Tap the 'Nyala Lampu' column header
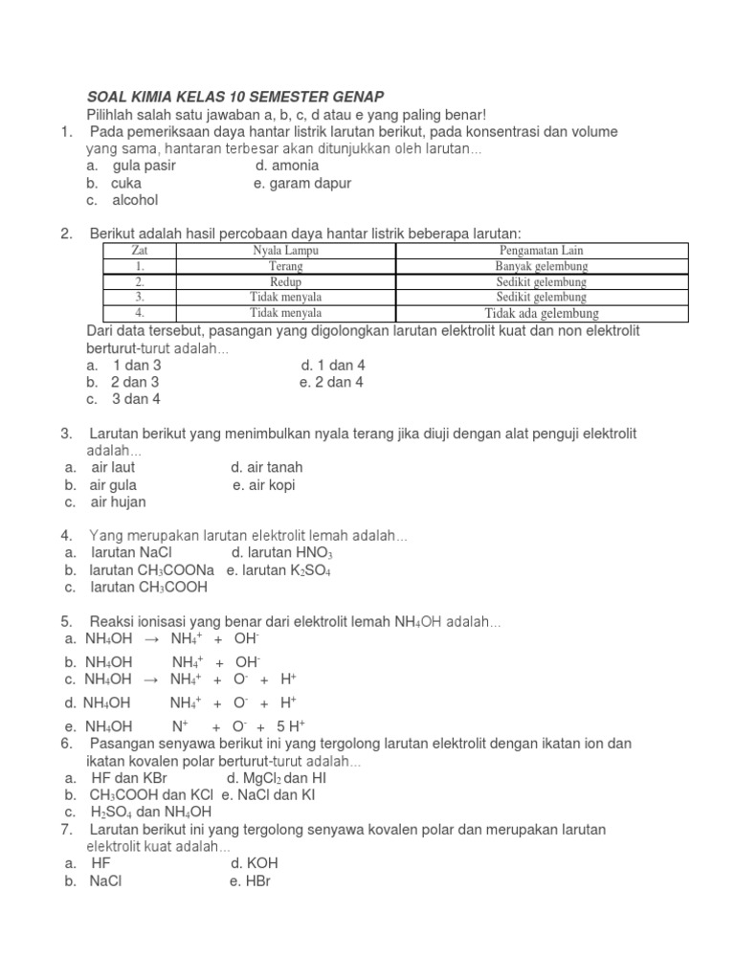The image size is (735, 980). point(285,251)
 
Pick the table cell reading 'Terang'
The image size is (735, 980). point(285,266)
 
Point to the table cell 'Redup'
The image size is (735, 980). point(285,282)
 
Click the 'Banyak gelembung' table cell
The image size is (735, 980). point(541,266)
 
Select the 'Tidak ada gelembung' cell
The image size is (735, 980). point(541,313)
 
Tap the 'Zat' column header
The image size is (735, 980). point(139,251)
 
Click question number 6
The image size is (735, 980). point(66,744)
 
